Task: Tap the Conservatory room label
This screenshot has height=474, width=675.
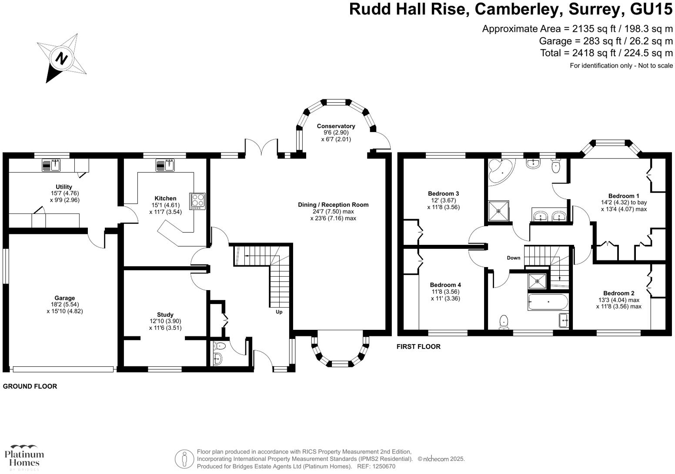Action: (336, 126)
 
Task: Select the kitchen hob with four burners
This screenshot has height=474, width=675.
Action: (197, 201)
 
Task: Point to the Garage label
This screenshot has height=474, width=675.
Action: (64, 298)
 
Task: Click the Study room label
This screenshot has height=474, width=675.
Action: (165, 315)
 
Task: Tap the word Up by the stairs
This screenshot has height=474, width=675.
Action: (279, 312)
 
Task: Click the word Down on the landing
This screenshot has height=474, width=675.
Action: (513, 258)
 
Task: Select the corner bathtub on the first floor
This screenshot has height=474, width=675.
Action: (500, 172)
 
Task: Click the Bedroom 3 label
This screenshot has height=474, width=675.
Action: (443, 193)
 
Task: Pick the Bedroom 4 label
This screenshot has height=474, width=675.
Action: (445, 285)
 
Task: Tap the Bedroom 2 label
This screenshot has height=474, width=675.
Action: (618, 293)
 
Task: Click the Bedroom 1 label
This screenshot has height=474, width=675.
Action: (623, 196)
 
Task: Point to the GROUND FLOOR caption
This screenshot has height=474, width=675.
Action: (30, 386)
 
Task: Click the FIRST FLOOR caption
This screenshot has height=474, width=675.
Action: (418, 346)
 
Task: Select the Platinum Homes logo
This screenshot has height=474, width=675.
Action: (24, 457)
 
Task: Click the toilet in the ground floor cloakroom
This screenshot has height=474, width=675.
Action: (220, 346)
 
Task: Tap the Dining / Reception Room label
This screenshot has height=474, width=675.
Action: (333, 205)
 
